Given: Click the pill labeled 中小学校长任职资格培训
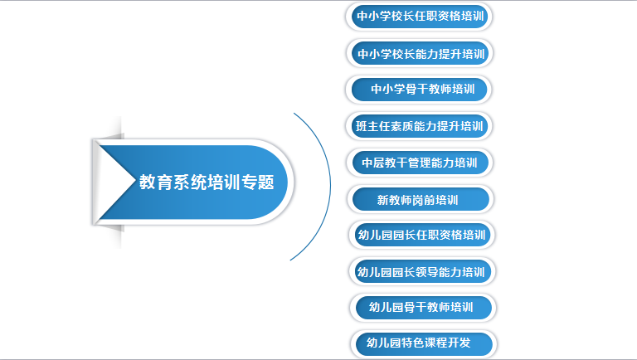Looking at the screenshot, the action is [419, 17].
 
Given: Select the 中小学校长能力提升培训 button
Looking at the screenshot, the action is [420, 53].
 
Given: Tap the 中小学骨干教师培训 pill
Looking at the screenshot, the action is [419, 90].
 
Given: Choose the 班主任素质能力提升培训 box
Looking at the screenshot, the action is [419, 126].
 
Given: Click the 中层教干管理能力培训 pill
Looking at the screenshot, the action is [420, 163].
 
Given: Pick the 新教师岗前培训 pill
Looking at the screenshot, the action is [421, 199].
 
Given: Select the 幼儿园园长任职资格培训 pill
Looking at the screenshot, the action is [421, 235].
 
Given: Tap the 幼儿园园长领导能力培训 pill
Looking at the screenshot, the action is [422, 271].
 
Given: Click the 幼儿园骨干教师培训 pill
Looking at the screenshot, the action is [423, 308].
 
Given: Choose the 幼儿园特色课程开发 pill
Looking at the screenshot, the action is [424, 344].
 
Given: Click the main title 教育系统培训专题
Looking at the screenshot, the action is [207, 182].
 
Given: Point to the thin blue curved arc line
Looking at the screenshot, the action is [330, 186].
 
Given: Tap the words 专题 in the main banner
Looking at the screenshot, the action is [258, 182].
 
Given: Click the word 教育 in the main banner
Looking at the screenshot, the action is [156, 182].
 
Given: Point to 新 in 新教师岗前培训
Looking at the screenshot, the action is [382, 200].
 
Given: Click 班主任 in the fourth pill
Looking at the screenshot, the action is [372, 126].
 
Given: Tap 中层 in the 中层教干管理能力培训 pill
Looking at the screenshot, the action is [373, 163].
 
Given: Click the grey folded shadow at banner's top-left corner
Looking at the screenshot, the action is [110, 136].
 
